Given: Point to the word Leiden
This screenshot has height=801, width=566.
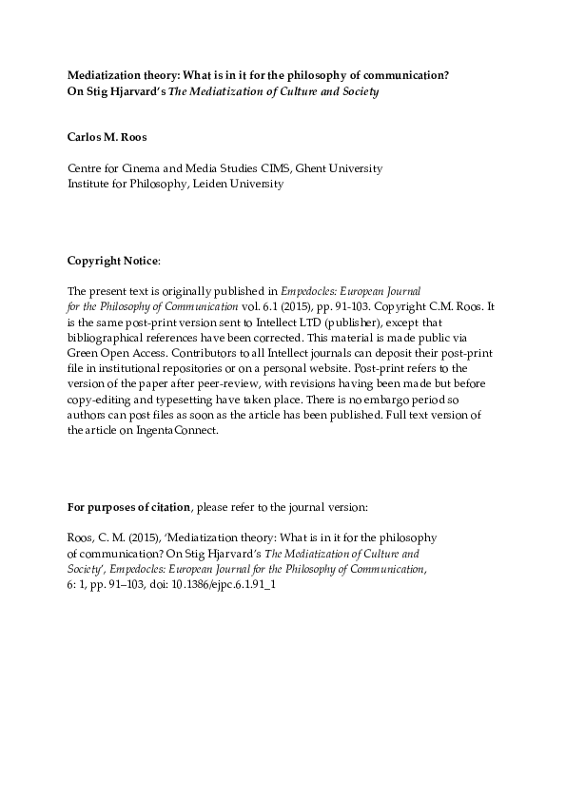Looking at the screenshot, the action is (x=212, y=184).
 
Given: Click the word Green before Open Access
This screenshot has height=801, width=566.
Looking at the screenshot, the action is (x=84, y=353).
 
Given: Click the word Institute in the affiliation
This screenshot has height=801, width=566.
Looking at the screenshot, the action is (x=89, y=184).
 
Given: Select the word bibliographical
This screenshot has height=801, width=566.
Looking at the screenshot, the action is (x=112, y=338).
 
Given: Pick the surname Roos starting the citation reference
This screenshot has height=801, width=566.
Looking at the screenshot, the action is (x=81, y=537).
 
